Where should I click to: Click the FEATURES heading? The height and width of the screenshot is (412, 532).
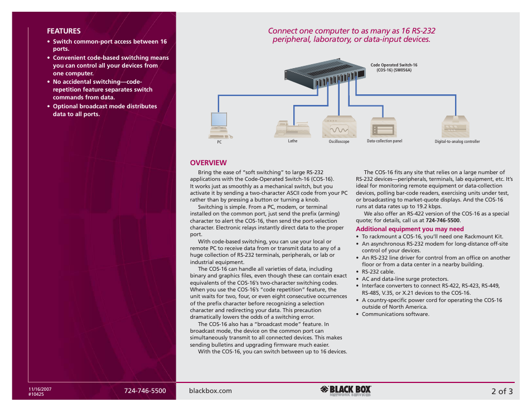[64, 31]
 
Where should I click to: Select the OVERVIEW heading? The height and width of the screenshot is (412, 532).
[208, 162]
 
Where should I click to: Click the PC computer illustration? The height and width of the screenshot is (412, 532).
[219, 125]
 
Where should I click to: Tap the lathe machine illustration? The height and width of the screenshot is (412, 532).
[293, 128]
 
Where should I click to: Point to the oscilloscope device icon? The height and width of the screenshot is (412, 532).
[338, 127]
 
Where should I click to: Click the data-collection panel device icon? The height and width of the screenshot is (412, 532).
[384, 127]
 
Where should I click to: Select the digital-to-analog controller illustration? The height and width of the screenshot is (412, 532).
[457, 127]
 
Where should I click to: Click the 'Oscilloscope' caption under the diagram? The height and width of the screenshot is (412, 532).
[338, 142]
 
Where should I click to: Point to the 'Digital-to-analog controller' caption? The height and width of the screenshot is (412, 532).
[457, 142]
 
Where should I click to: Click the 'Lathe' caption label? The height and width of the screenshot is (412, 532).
[293, 141]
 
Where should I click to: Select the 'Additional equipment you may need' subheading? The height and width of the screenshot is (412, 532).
[410, 229]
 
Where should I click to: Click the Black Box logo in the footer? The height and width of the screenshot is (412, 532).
[346, 391]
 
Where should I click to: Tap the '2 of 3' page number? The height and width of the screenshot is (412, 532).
[502, 391]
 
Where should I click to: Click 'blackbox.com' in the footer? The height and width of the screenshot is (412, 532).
[211, 391]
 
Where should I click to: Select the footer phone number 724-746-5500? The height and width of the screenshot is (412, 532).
[145, 391]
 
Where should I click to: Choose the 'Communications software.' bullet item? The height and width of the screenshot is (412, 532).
[395, 314]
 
